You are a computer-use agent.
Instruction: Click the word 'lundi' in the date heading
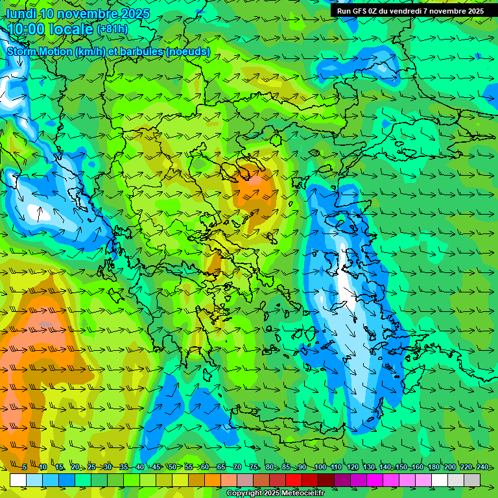(x=21, y=14)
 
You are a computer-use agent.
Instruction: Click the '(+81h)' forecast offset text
(x=112, y=29)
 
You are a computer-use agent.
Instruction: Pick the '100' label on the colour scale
(x=320, y=467)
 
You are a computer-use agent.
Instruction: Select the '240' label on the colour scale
(x=482, y=467)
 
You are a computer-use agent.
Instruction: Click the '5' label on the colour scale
(x=25, y=467)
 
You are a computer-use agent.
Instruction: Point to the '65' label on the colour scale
(x=221, y=467)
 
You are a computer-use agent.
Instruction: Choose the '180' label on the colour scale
(x=433, y=467)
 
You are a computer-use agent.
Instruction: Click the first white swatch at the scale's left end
(x=18, y=480)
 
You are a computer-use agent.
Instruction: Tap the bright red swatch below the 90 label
(x=294, y=480)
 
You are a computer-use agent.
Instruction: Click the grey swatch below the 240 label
(x=472, y=480)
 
